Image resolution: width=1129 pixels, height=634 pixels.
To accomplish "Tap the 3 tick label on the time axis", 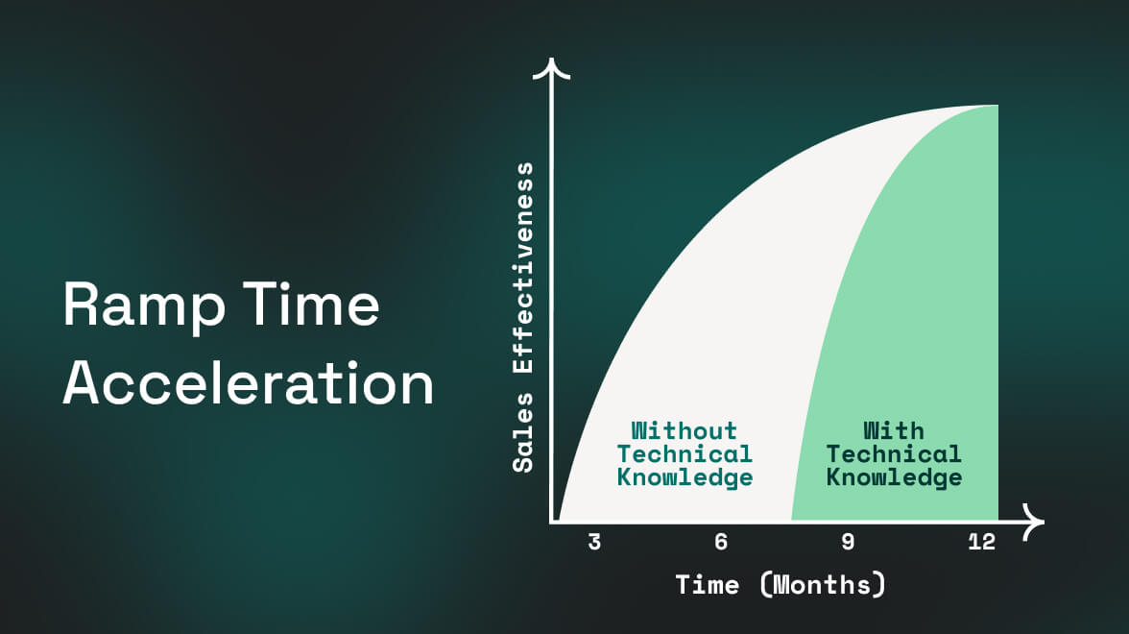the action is click(x=594, y=542).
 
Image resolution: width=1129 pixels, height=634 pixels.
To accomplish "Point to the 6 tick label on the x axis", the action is click(x=721, y=542).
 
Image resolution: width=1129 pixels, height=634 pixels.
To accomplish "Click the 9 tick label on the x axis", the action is click(x=849, y=542).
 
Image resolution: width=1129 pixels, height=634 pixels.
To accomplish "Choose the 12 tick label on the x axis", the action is click(x=982, y=542).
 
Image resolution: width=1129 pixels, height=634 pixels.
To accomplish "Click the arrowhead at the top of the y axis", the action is click(x=551, y=67).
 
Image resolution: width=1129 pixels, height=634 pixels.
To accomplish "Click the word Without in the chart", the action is click(x=684, y=430).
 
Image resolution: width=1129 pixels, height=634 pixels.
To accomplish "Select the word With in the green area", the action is click(x=894, y=430).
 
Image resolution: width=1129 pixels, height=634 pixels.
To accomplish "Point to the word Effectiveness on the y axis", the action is click(x=522, y=268).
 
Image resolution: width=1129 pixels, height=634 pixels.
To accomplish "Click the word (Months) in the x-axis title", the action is click(x=823, y=584).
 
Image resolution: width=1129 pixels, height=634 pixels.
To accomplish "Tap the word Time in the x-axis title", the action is click(x=707, y=584).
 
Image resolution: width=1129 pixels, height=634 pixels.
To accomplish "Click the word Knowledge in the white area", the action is click(x=685, y=477).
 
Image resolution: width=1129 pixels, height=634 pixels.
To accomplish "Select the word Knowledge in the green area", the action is click(x=895, y=477).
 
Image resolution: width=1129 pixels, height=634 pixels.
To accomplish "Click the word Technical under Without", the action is click(x=685, y=453).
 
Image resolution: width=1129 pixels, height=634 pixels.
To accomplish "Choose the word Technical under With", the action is click(x=894, y=453).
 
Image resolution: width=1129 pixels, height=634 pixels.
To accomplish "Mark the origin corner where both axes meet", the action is click(x=552, y=521).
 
